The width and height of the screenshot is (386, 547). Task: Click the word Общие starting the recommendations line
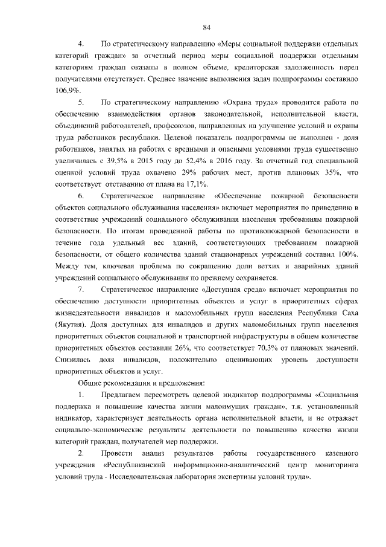click(x=89, y=384)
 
